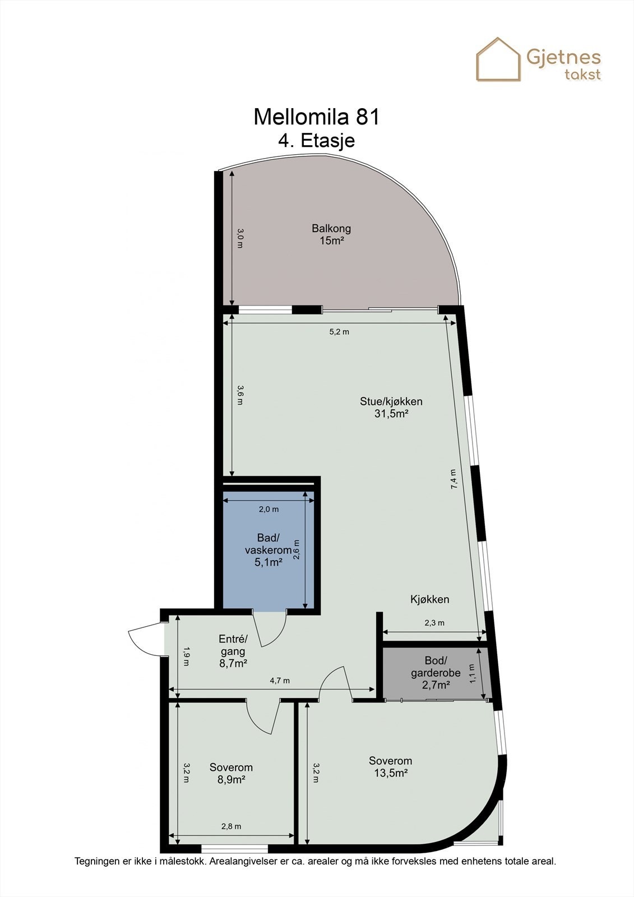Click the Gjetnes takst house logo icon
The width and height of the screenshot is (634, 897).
498,59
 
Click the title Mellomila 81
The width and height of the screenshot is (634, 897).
317,117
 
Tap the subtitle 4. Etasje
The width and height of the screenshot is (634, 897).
317,140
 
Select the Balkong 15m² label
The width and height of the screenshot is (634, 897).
331,234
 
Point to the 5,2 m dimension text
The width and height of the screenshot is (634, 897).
339,331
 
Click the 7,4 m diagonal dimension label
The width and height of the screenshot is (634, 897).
453,479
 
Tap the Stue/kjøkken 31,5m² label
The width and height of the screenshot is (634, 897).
391,408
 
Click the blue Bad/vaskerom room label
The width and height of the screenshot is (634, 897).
268,550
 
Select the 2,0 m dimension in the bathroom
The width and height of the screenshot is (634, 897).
269,509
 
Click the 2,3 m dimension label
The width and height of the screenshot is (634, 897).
434,622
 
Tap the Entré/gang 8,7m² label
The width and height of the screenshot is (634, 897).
233,651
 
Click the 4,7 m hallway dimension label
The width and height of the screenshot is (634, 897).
280,681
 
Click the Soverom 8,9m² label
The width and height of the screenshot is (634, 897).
231,773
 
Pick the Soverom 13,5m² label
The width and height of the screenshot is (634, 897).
390,766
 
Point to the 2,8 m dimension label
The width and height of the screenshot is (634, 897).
231,826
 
